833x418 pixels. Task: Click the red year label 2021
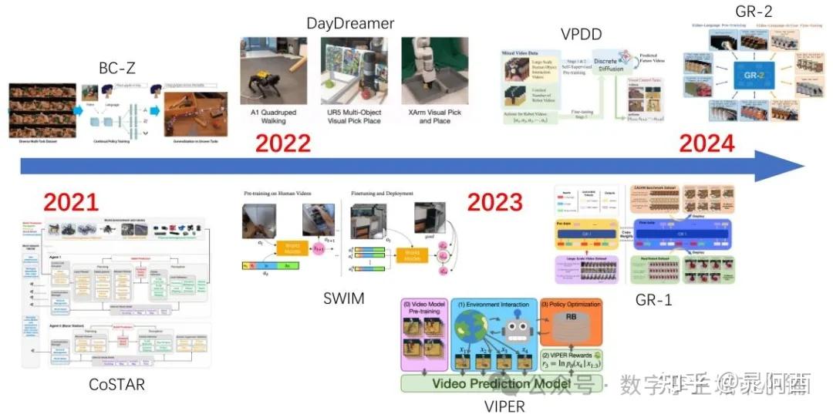click(71, 202)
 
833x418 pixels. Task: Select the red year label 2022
click(283, 143)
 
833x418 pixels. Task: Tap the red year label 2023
click(495, 202)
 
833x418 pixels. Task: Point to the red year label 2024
click(707, 143)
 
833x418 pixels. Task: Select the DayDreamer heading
click(350, 23)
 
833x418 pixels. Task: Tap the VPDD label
click(581, 34)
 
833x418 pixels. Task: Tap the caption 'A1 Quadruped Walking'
click(274, 116)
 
